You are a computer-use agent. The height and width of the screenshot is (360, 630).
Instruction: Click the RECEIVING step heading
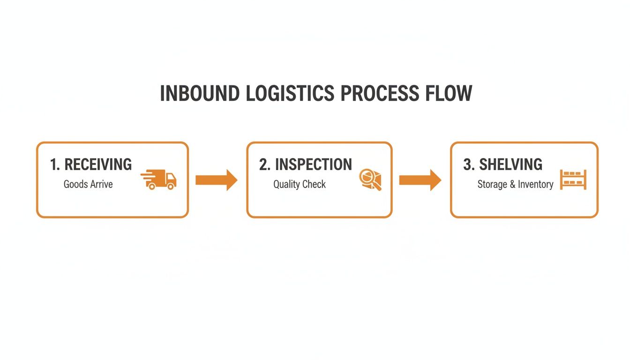coord(98,165)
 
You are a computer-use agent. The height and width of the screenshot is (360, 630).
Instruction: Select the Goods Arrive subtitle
coord(88,184)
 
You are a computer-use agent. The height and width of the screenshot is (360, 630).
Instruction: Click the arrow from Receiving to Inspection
coord(216,180)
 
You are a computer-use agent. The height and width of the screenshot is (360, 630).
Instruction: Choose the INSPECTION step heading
coord(313,165)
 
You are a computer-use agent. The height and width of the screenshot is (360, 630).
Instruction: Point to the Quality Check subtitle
coord(300,184)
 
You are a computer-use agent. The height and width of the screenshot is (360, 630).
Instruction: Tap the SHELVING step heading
coord(510,165)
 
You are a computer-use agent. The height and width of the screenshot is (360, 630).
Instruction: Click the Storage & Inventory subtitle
coord(515,185)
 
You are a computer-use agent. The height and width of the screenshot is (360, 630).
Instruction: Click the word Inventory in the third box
coord(535,185)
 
